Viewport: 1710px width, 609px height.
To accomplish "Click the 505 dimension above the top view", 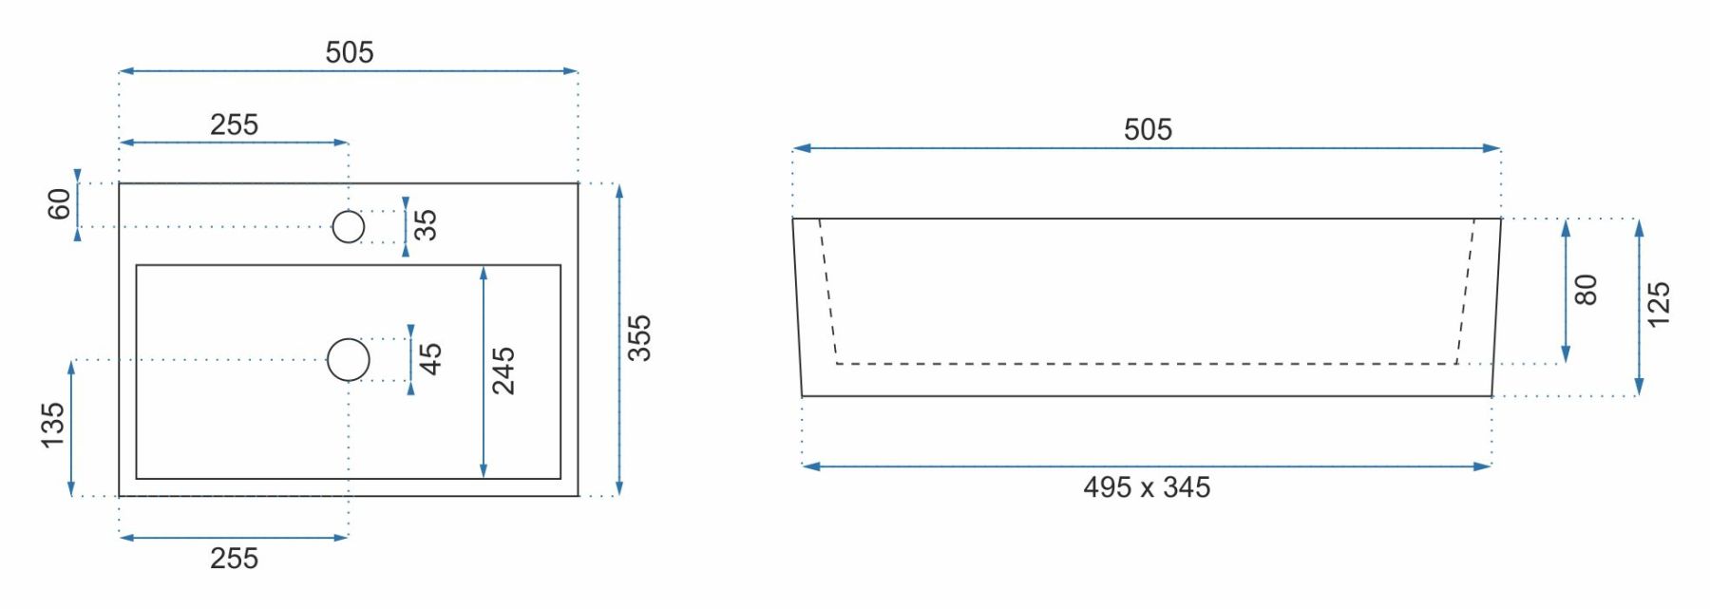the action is [350, 52].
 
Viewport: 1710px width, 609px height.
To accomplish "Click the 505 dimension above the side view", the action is [1148, 129].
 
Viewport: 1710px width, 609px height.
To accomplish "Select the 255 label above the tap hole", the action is [234, 124].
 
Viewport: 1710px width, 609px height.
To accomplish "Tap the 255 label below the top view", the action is [234, 558].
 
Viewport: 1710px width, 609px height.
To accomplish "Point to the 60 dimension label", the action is [59, 203].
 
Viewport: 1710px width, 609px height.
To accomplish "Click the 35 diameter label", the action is [426, 224].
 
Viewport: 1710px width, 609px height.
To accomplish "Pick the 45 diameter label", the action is [430, 358].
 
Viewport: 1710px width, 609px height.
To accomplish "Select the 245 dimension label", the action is [503, 371].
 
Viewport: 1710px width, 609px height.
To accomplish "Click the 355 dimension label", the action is [639, 338].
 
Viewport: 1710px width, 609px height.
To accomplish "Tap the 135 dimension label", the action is [53, 425].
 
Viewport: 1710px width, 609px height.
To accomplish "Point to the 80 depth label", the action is [1586, 290].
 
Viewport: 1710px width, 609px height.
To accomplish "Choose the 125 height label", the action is [1658, 305].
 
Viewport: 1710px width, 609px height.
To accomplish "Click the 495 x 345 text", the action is [1147, 487].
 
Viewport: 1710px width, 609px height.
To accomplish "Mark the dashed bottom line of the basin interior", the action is [1147, 364].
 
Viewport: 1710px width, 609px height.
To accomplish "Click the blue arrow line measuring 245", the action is [484, 371].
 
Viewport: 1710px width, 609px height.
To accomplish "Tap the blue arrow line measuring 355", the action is [619, 339].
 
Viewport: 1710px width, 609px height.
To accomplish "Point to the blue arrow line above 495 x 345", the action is [1147, 466].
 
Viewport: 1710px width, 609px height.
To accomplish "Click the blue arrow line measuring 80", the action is [1566, 291].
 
